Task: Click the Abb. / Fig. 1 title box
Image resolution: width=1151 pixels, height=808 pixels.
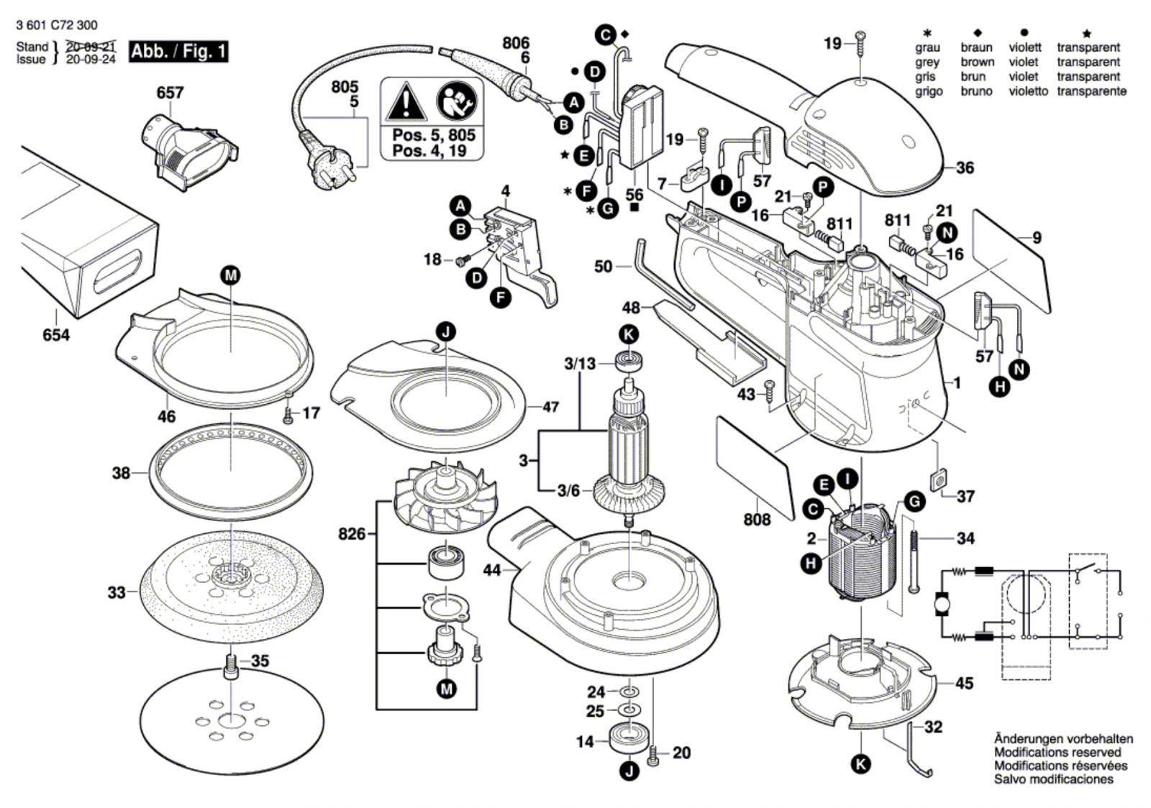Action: (x=178, y=52)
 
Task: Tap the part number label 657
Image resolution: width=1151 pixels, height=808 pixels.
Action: (x=170, y=93)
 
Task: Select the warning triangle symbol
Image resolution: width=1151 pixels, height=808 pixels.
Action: (x=406, y=103)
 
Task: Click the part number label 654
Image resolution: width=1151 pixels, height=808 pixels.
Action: (x=55, y=335)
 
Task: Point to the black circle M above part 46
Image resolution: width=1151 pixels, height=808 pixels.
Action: (x=230, y=275)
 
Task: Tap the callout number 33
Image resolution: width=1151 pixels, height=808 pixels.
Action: (x=117, y=592)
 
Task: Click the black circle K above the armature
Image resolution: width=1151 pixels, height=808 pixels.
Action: (x=629, y=334)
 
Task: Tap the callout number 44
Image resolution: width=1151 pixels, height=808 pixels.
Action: (x=492, y=570)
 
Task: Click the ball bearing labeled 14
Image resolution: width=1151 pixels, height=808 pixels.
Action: (x=628, y=739)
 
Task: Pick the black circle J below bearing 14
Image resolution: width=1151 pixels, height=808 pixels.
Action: (x=629, y=773)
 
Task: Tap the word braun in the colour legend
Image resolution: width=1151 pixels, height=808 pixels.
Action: (x=976, y=47)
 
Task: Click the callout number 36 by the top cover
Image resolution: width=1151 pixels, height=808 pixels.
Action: (x=964, y=167)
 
